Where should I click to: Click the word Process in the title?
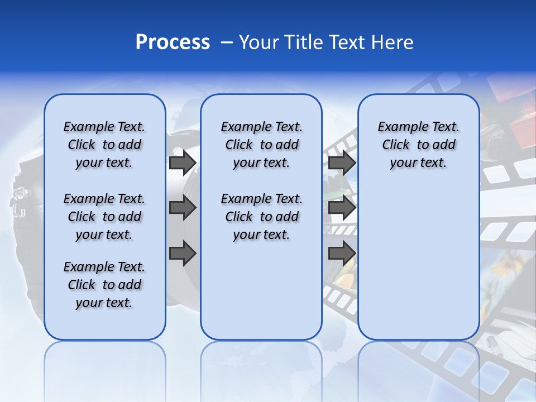tap(173, 42)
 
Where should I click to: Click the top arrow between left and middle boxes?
tap(183, 162)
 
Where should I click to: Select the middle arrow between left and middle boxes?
tap(183, 208)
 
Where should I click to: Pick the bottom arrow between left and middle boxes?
tap(183, 253)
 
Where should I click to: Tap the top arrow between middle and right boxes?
tap(342, 162)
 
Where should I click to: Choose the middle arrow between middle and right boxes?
tap(342, 208)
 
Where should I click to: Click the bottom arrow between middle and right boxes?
tap(342, 253)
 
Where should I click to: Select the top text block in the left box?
tap(104, 145)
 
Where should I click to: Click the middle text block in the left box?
tap(104, 217)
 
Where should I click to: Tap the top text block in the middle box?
tap(261, 145)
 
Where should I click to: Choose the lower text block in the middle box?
tap(261, 217)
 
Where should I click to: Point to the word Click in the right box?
tap(396, 145)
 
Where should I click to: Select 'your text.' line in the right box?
tap(418, 162)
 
